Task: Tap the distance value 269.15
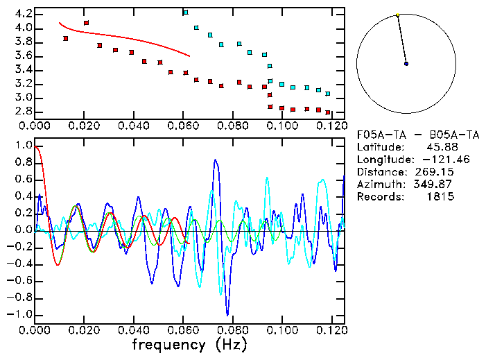pos(438,171)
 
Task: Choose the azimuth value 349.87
pos(438,184)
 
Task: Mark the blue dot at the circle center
pos(406,64)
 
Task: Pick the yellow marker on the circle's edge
pos(397,15)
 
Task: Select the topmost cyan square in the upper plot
pos(185,12)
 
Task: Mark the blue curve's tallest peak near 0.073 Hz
pos(216,160)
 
